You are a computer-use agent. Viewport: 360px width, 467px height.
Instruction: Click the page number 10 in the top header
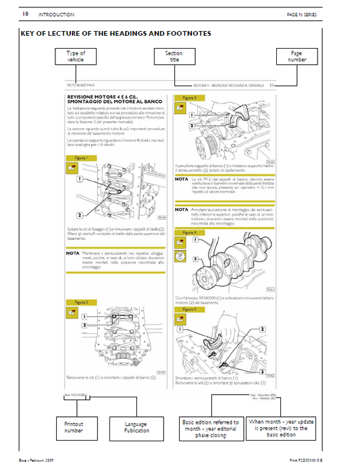click(25, 14)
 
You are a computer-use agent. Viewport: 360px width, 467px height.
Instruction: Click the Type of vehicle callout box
click(76, 57)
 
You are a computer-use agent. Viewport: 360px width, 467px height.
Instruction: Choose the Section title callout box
click(175, 57)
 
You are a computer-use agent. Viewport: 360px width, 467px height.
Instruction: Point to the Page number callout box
click(296, 57)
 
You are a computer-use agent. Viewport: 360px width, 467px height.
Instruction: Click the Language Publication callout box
click(136, 426)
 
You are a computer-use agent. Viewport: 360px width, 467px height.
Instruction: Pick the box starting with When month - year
click(278, 426)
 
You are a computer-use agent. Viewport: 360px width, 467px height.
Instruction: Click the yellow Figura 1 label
click(77, 157)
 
